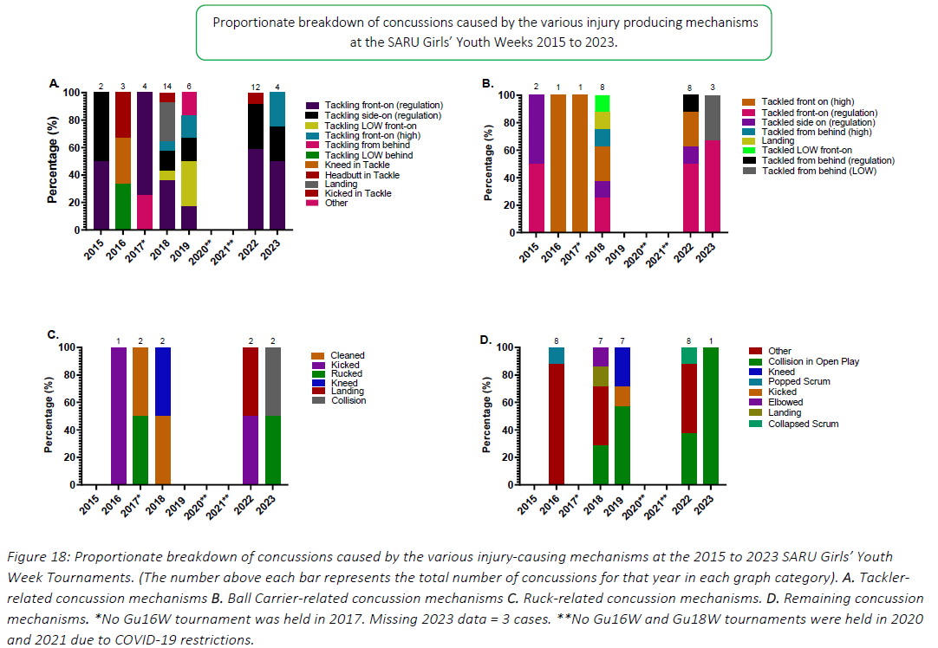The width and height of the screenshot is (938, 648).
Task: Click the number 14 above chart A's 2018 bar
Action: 167,87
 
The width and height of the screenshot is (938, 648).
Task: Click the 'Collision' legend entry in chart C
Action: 348,400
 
